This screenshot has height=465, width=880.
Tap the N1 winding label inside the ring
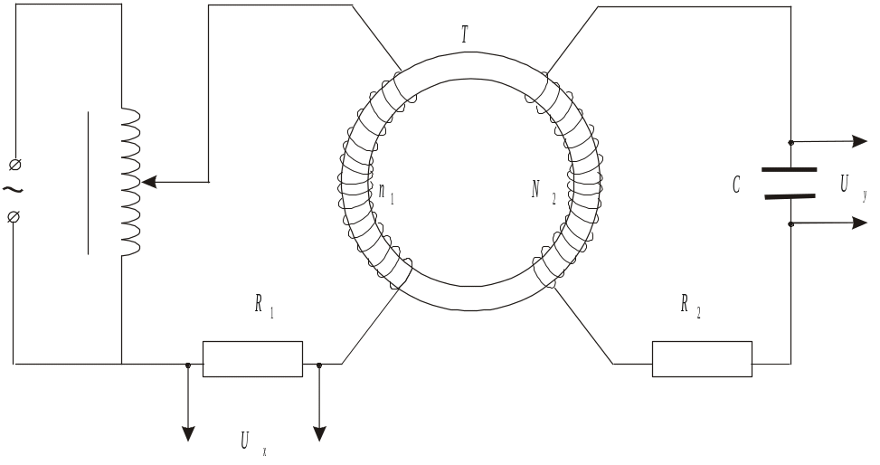pyautogui.click(x=386, y=193)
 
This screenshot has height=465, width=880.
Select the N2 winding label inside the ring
pyautogui.click(x=540, y=190)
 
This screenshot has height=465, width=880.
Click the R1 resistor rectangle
pyautogui.click(x=252, y=359)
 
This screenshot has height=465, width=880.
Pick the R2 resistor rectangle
pyautogui.click(x=702, y=359)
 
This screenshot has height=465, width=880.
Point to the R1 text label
pyautogui.click(x=263, y=308)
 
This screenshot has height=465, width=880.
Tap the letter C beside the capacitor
pyautogui.click(x=738, y=186)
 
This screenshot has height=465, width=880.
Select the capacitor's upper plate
pyautogui.click(x=789, y=169)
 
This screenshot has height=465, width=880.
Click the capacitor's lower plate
pyautogui.click(x=789, y=196)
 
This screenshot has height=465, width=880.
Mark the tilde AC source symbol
pyautogui.click(x=13, y=189)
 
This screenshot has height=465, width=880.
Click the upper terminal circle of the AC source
pyautogui.click(x=14, y=164)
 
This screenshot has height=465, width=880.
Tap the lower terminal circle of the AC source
pyautogui.click(x=14, y=216)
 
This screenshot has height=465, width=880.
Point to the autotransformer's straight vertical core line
pyautogui.click(x=88, y=182)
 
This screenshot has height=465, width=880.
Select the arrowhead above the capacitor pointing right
pyautogui.click(x=859, y=141)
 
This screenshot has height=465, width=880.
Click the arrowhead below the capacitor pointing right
pyautogui.click(x=859, y=223)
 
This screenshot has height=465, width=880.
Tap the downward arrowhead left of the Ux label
pyautogui.click(x=188, y=434)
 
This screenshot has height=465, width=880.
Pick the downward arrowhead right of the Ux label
pyautogui.click(x=319, y=434)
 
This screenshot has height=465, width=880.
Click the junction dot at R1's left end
pyautogui.click(x=188, y=365)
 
